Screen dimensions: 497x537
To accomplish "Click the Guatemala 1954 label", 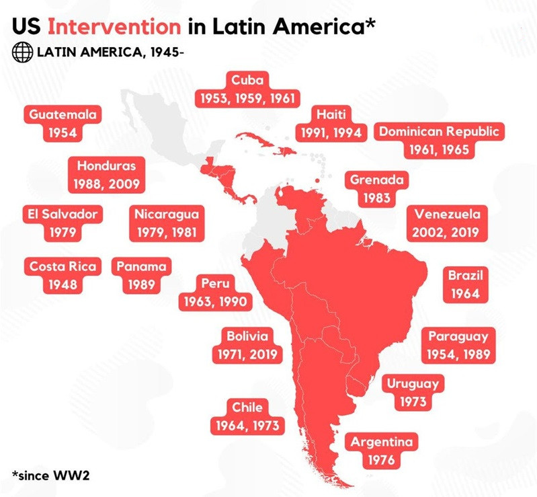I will tap(63, 123).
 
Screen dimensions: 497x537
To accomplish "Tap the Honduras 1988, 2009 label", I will tap(106, 174).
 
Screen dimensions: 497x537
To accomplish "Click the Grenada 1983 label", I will tap(376, 189).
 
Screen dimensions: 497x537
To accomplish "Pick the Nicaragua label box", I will tap(166, 223).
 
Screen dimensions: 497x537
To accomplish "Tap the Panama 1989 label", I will tap(140, 274).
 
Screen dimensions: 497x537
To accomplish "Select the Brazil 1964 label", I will tap(465, 284).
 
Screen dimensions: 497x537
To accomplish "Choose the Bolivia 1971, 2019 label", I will tap(247, 344).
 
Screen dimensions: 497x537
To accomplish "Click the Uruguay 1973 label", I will tap(413, 393).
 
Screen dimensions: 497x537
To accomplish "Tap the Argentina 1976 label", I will tap(380, 451).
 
